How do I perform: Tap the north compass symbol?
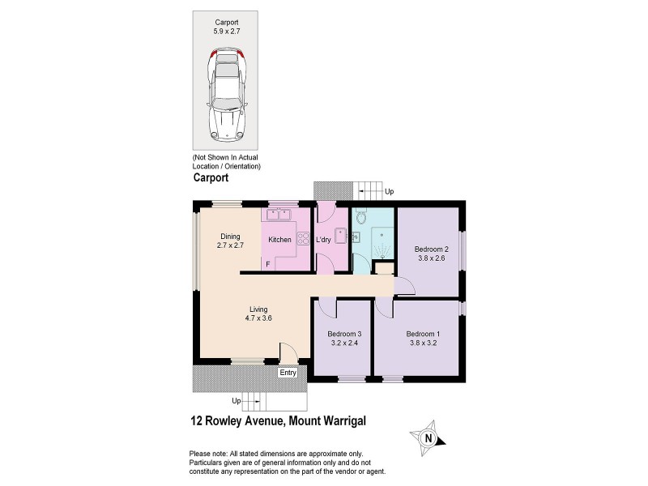tap(429, 439)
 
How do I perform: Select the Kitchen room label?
tap(279, 240)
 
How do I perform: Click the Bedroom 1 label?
tap(423, 334)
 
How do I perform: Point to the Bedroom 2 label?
tap(431, 249)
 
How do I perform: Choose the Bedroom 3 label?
tap(344, 334)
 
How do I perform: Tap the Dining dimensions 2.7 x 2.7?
tap(231, 245)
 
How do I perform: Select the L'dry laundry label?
tap(323, 240)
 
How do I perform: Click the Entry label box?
tap(288, 373)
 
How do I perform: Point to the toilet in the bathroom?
tap(360, 215)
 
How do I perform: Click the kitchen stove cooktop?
tap(304, 239)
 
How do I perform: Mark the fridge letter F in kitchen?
tap(267, 265)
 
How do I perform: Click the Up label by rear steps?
tap(390, 192)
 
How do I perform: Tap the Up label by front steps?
tap(236, 401)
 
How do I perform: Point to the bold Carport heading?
tap(211, 177)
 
